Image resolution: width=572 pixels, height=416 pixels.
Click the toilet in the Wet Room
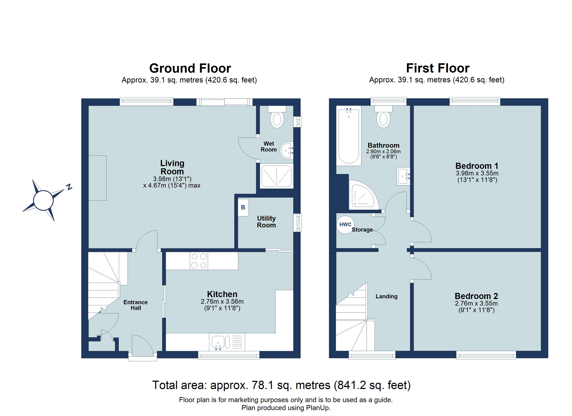277,120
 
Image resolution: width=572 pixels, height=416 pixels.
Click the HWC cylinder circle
345,224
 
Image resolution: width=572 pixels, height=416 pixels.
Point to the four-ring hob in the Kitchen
199,261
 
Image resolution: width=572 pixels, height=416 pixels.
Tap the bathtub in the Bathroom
349,136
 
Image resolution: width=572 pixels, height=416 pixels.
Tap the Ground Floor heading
190,68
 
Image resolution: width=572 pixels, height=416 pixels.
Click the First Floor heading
437,68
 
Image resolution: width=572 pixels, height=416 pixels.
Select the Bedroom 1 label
477,166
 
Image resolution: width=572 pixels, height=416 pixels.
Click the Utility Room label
266,222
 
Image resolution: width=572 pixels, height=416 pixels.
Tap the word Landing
386,296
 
